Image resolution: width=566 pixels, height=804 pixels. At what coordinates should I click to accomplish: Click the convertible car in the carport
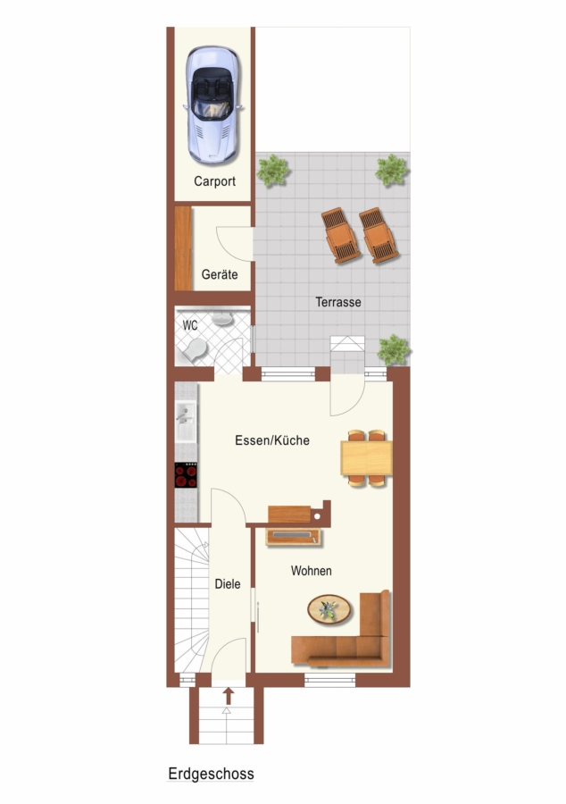pyautogui.click(x=212, y=105)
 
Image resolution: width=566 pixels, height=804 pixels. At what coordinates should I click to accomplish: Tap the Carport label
pyautogui.click(x=214, y=181)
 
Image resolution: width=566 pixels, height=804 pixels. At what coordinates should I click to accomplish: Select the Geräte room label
pyautogui.click(x=220, y=274)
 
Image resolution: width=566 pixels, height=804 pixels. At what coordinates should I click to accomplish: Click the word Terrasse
pyautogui.click(x=338, y=302)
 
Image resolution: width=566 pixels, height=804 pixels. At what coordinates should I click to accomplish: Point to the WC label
pyautogui.click(x=190, y=325)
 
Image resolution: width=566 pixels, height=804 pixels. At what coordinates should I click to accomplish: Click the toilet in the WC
pyautogui.click(x=194, y=350)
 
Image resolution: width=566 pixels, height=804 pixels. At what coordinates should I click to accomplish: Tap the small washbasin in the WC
pyautogui.click(x=222, y=319)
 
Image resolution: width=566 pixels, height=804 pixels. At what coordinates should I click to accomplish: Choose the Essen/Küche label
pyautogui.click(x=272, y=440)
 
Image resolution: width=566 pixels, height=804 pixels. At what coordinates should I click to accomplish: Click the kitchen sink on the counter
pyautogui.click(x=186, y=422)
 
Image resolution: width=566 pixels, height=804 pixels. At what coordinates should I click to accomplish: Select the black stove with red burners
pyautogui.click(x=186, y=475)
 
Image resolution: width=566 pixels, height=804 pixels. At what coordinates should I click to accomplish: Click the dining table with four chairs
pyautogui.click(x=367, y=458)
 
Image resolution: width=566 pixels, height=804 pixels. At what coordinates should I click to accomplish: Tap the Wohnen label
pyautogui.click(x=311, y=571)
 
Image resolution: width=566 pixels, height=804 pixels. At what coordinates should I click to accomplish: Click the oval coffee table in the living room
pyautogui.click(x=329, y=609)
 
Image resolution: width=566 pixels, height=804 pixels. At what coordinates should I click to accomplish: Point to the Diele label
pyautogui.click(x=228, y=583)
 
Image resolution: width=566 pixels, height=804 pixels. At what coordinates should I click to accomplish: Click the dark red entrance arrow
pyautogui.click(x=229, y=696)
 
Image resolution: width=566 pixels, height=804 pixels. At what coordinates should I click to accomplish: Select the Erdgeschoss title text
pyautogui.click(x=211, y=774)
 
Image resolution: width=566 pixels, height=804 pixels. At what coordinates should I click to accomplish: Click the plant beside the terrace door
pyautogui.click(x=394, y=349)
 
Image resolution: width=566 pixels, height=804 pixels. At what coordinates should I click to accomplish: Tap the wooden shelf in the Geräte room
pyautogui.click(x=183, y=248)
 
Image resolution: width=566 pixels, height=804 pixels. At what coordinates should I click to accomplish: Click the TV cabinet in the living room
pyautogui.click(x=294, y=536)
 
